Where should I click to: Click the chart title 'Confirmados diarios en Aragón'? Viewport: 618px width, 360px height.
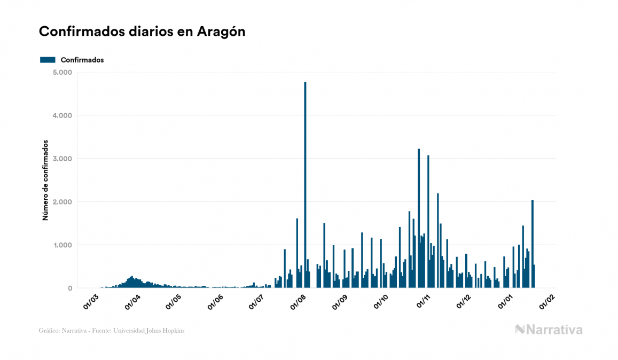pos(142,32)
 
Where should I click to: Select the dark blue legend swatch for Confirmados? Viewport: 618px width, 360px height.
pos(48,60)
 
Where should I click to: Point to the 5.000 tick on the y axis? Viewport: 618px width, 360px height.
pos(63,72)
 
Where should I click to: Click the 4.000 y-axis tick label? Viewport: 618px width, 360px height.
pos(63,115)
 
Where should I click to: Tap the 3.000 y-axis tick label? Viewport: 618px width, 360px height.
pos(63,159)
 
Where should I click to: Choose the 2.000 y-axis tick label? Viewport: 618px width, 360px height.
pos(63,202)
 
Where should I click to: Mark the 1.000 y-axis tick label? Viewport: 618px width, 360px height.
pos(63,245)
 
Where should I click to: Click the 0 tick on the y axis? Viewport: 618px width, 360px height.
pos(69,288)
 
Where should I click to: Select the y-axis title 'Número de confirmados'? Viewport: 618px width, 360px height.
pos(45,181)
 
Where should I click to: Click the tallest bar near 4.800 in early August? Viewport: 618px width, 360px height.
pos(305,187)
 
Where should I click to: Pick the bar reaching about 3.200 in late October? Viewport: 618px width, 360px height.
pos(419,219)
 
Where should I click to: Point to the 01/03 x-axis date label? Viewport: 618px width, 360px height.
pos(91,301)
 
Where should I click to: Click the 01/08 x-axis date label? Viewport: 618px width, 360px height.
pos(298,301)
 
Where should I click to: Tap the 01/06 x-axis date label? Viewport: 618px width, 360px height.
pos(215,301)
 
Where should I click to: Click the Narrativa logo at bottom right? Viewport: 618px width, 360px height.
pos(549,330)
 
